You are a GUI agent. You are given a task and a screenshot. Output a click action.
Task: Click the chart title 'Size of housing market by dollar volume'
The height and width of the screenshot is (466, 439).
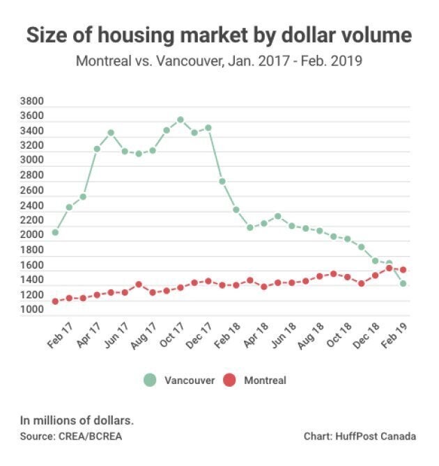tap(219, 35)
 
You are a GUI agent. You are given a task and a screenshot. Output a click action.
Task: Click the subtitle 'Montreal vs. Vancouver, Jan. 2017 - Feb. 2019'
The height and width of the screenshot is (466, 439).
tap(219, 61)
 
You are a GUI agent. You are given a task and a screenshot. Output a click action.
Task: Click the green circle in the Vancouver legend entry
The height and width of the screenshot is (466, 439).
tap(149, 380)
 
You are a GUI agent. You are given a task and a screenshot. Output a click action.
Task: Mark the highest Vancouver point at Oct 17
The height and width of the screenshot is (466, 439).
tap(180, 120)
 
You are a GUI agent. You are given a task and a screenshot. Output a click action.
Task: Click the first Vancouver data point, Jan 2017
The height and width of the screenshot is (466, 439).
tap(55, 232)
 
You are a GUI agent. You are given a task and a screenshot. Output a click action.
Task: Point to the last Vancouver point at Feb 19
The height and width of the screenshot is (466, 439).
tap(403, 283)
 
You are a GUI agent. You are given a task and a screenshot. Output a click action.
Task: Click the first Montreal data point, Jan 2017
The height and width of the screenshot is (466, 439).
tap(55, 301)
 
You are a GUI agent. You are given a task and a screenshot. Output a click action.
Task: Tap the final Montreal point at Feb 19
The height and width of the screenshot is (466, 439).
tap(403, 270)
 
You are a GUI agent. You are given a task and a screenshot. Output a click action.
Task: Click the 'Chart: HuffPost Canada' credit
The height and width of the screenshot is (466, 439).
tap(360, 436)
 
